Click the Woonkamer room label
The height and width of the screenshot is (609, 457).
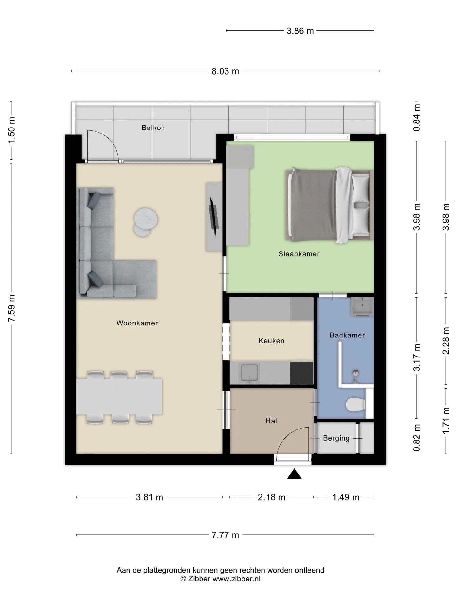pos(137,323)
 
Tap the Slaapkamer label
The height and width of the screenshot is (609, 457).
pos(299,254)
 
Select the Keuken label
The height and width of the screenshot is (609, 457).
pos(271,341)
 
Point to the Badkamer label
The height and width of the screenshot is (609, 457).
pos(347,335)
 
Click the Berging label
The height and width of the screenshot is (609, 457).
pos(336,438)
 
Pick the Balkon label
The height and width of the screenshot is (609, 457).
pos(153,128)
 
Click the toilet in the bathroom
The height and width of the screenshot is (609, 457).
pos(355,405)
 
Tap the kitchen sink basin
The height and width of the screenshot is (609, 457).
pos(249,373)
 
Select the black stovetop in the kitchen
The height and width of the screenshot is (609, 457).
pos(301,373)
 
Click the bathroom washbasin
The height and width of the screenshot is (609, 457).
pos(362,307)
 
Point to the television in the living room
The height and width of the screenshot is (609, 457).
pos(214,217)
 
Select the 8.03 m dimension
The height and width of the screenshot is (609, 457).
pos(225,71)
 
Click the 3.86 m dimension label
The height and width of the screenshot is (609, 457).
pos(300,31)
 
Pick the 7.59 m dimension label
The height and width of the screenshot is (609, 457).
pos(11,308)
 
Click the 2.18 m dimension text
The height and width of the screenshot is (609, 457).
pos(271,497)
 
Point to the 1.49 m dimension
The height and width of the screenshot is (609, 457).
pos(346,497)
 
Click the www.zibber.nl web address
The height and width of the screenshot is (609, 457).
pos(236,579)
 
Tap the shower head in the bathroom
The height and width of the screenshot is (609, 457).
pos(355,373)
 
